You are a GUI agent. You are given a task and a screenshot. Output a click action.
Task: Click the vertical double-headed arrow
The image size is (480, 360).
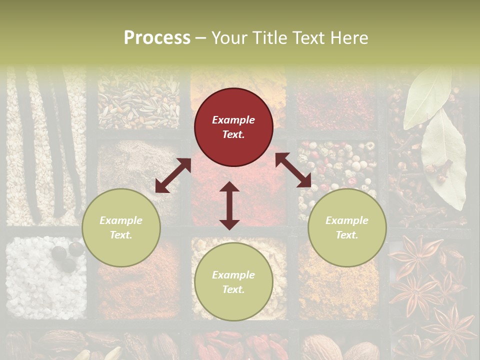[229, 205]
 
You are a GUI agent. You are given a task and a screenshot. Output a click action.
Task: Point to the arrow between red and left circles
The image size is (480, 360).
[173, 175]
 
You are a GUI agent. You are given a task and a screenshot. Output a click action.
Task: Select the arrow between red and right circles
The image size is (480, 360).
[293, 170]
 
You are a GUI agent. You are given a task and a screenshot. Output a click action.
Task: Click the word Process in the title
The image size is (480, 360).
[157, 38]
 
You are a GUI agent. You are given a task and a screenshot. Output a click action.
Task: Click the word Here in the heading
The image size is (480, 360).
[349, 38]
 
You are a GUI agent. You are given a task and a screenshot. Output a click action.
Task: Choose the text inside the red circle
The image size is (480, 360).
[233, 127]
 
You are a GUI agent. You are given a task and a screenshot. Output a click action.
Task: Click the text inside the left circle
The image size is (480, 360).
[121, 227]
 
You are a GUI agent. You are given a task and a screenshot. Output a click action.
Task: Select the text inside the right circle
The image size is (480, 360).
[347, 227]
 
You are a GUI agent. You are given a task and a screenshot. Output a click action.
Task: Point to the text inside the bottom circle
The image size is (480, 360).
[233, 282]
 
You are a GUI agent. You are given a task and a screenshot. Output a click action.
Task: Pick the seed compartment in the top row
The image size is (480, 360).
[138, 100]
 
